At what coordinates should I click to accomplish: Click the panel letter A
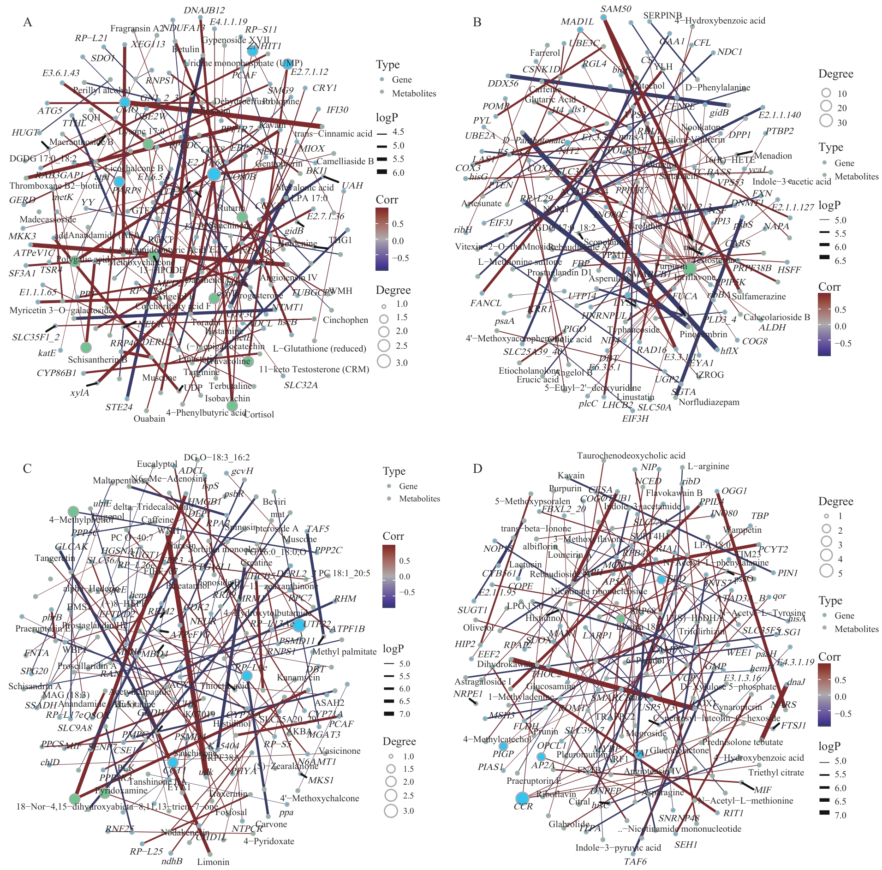[28, 22]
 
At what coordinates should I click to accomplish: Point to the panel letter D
[477, 469]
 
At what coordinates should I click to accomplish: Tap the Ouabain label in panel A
[149, 419]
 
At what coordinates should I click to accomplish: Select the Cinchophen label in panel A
[345, 320]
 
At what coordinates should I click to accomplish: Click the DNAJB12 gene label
[204, 10]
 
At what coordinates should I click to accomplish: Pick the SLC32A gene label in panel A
[301, 385]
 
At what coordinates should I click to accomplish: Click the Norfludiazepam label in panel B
[709, 402]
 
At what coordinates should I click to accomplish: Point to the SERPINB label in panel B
[662, 16]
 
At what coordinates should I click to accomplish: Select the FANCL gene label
[486, 303]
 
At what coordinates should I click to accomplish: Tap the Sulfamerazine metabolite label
[759, 296]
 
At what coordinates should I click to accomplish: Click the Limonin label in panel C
[213, 862]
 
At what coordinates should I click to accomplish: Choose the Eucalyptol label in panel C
[157, 464]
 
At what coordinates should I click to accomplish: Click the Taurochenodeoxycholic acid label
[631, 456]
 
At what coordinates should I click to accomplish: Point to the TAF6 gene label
[635, 862]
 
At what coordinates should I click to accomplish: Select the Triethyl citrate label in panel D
[776, 773]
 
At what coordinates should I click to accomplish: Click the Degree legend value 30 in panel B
[842, 123]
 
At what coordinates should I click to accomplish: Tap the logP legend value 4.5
[398, 132]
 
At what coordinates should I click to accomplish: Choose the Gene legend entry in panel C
[408, 486]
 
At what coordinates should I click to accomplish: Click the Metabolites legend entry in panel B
[856, 177]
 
